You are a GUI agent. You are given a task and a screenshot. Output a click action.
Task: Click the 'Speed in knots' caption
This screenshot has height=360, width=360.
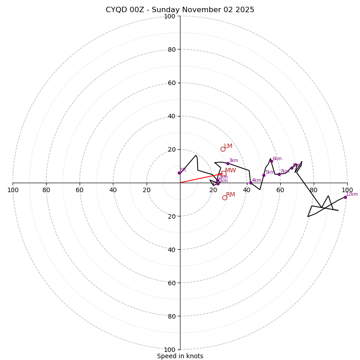click(x=180, y=356)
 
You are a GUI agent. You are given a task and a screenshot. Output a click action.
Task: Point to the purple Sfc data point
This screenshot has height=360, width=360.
click(x=179, y=173)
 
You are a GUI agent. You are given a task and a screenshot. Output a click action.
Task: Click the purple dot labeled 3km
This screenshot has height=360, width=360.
click(x=228, y=164)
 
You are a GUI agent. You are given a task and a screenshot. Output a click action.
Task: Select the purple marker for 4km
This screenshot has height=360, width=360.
click(x=251, y=183)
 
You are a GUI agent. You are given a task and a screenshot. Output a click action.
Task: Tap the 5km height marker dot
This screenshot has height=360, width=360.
click(x=264, y=175)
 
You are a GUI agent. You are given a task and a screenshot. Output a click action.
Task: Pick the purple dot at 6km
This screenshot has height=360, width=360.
click(x=271, y=161)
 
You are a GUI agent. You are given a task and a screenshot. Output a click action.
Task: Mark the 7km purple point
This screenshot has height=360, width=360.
click(x=279, y=174)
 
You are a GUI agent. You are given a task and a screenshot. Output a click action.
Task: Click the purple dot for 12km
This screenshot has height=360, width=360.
click(x=345, y=197)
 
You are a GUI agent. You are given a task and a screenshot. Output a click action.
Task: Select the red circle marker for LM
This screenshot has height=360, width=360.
click(x=223, y=149)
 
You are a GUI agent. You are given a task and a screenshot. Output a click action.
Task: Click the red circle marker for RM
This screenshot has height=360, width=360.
click(x=225, y=198)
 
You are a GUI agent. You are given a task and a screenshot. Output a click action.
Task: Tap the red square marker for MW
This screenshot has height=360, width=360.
click(x=224, y=173)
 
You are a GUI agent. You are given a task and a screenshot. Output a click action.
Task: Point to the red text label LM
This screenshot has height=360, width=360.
click(x=229, y=146)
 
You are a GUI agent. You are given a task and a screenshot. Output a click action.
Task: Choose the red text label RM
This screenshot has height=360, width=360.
click(x=230, y=194)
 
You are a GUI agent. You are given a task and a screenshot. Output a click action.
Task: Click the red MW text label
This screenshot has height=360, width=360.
click(x=230, y=170)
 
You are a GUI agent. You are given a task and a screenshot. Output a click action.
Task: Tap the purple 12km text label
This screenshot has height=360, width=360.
click(x=352, y=194)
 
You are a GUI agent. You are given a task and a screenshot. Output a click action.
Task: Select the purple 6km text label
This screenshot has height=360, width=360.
click(x=277, y=158)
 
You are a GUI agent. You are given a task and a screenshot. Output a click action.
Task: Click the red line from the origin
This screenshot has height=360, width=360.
click(x=200, y=178)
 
